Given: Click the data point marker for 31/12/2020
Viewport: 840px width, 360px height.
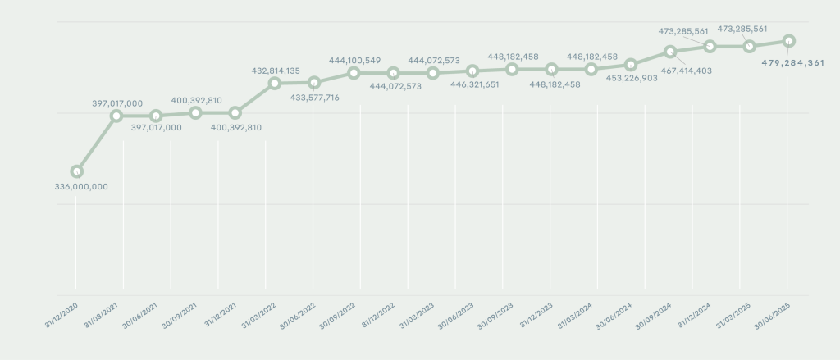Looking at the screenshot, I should point(76,171).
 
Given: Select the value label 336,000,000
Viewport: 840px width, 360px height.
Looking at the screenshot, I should point(76,186).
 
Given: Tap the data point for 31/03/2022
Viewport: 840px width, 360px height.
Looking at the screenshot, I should point(274,83).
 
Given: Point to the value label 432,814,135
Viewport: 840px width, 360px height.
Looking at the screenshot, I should point(276,71).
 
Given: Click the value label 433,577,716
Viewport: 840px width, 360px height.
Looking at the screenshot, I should point(316,98).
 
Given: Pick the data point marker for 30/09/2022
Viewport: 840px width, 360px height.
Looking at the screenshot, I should point(354,73).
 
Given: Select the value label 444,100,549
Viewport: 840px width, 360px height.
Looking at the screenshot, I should point(354,60).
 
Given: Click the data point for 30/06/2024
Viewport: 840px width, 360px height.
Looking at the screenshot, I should point(630,64).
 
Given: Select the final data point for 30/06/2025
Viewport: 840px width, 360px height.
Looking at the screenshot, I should point(788,40).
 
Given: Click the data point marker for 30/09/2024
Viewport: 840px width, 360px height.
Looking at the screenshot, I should point(670,52).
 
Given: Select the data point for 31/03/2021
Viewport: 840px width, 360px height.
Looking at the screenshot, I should point(116,116).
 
